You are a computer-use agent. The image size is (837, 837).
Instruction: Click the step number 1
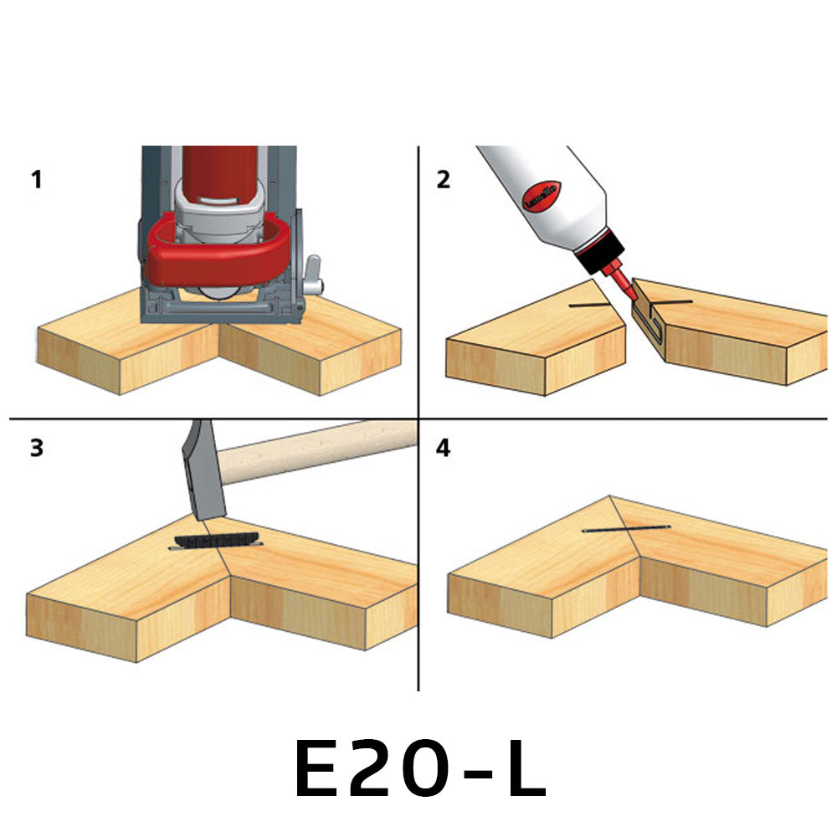coord(36,179)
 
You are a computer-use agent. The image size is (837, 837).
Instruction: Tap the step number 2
coord(444,179)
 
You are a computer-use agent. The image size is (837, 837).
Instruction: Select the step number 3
coord(36,448)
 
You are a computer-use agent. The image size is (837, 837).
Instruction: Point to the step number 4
coord(444,449)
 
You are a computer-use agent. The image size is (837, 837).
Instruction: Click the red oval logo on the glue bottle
coord(542,199)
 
